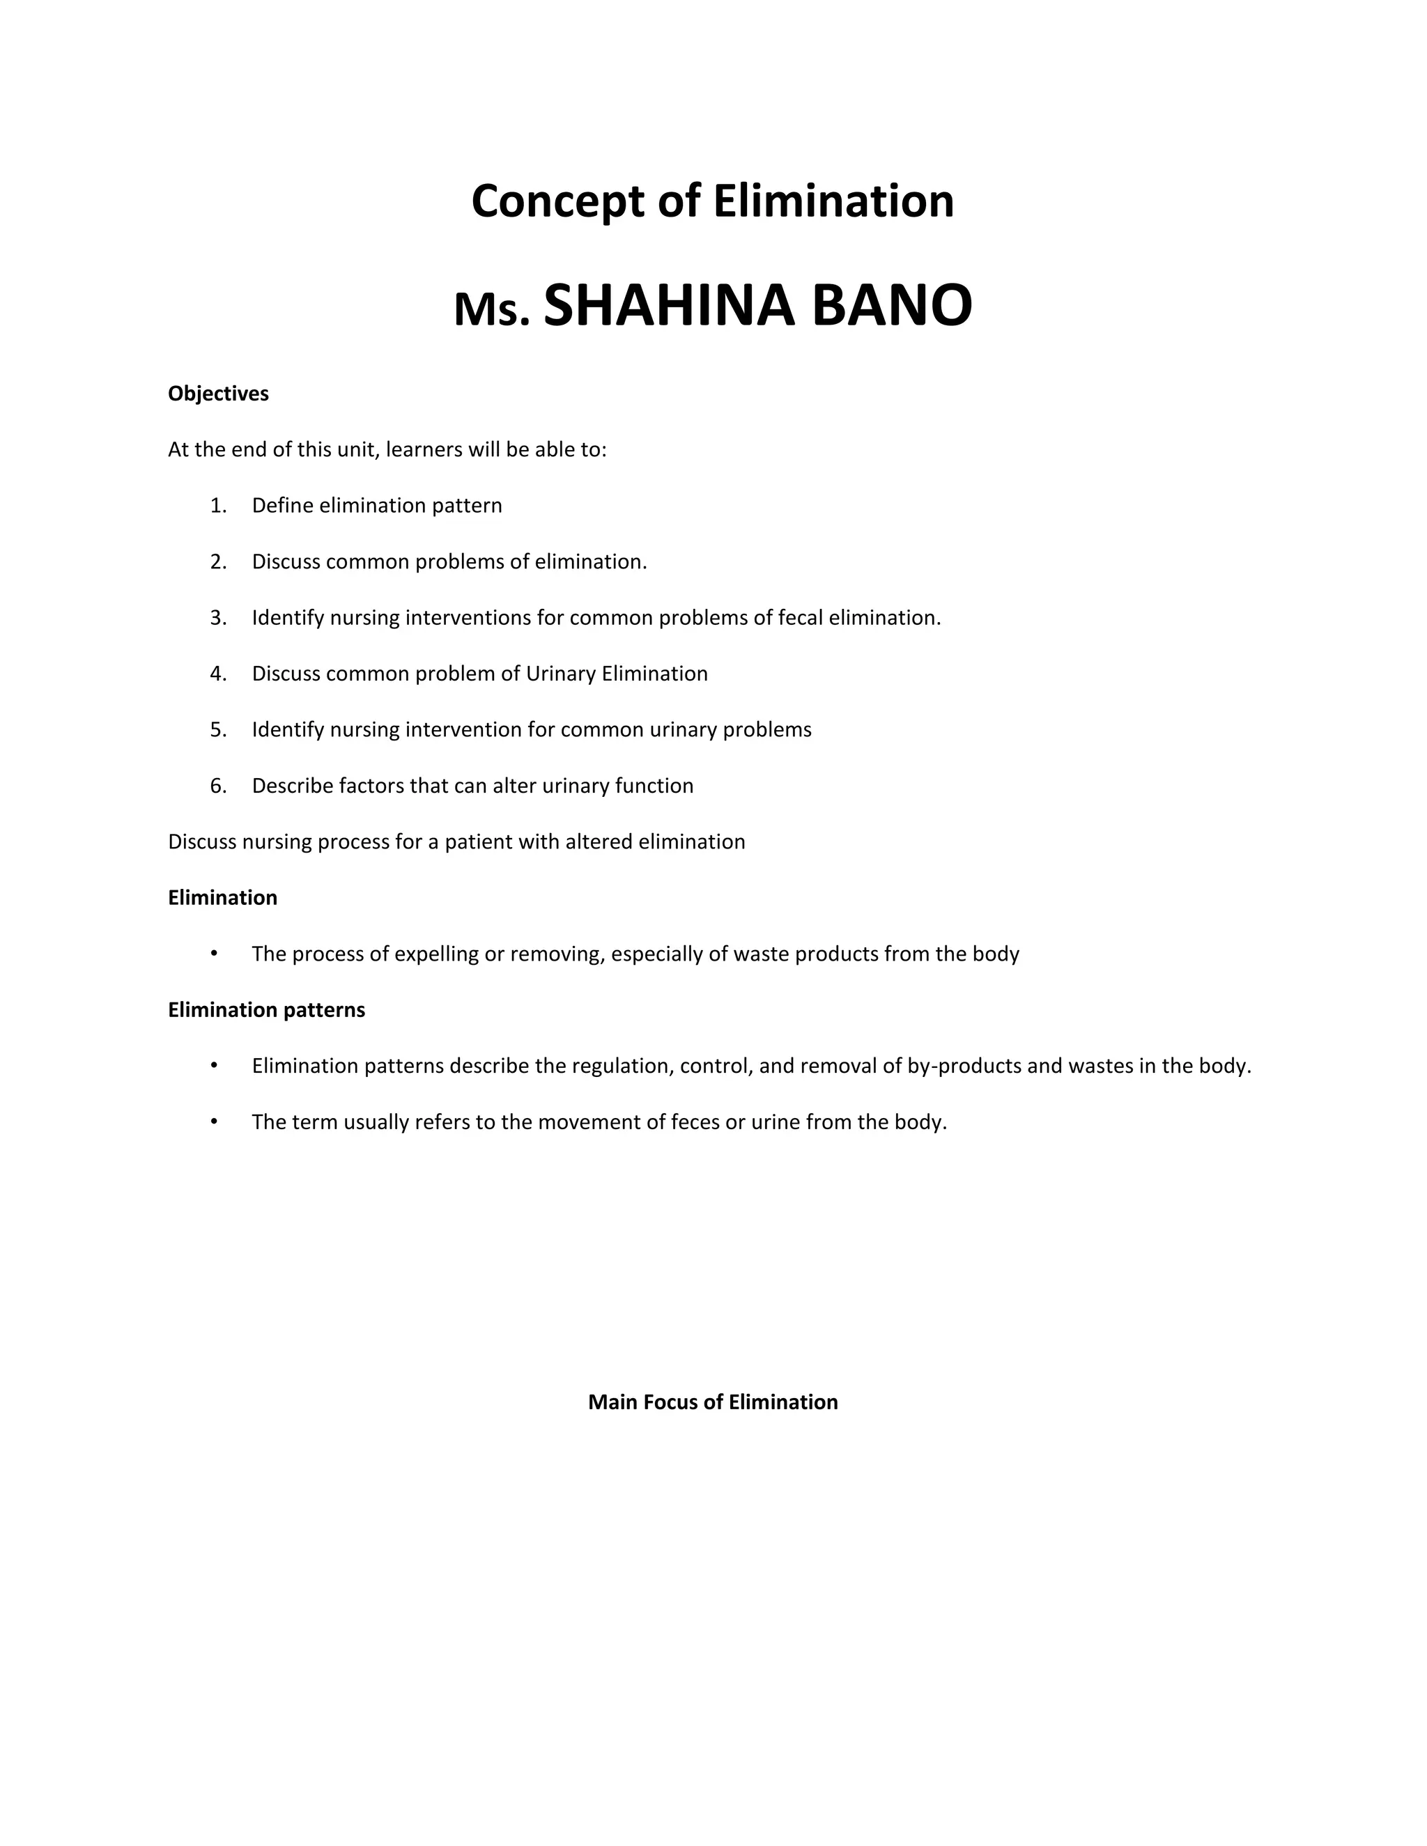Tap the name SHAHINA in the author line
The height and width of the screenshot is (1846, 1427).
[669, 306]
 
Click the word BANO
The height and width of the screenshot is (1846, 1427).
[892, 306]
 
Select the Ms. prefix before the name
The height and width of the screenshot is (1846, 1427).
[492, 310]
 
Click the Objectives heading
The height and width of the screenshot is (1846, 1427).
[218, 394]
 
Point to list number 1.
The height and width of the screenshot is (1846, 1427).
[218, 506]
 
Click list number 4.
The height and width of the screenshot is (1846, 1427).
[218, 674]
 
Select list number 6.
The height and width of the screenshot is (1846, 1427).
[218, 786]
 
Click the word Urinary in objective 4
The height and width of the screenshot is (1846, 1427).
[560, 674]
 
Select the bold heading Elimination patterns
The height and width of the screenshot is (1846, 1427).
[266, 1010]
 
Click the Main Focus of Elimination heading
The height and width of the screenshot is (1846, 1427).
[713, 1402]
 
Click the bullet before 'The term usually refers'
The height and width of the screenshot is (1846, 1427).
[215, 1122]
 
